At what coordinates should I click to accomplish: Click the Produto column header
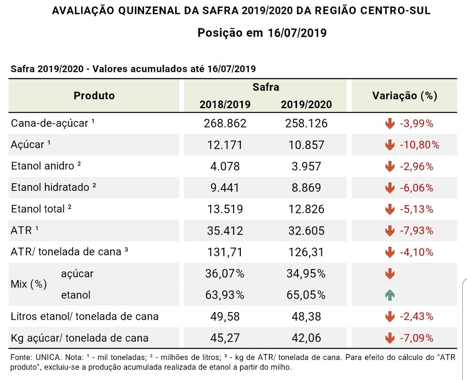point(94,96)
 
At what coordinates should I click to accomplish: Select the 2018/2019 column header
point(225,104)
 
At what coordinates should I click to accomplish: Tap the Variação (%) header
point(405,96)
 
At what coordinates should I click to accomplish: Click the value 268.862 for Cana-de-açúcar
point(225,123)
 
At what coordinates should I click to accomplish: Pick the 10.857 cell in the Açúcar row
point(306,145)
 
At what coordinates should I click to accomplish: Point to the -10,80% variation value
point(419,145)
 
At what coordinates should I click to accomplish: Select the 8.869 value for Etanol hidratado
point(306,188)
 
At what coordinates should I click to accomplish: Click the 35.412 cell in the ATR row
point(225,231)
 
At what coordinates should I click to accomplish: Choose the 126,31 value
point(306,252)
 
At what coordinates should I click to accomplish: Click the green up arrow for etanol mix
point(390,295)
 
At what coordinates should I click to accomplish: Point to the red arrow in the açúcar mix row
point(390,274)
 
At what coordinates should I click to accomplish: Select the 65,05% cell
point(306,295)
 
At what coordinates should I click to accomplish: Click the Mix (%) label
point(29,284)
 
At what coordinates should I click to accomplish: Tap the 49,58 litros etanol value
point(225,316)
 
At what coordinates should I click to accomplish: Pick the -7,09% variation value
point(416,338)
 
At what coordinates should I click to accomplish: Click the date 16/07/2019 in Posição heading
point(297,33)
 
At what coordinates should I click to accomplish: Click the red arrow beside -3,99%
point(390,123)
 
